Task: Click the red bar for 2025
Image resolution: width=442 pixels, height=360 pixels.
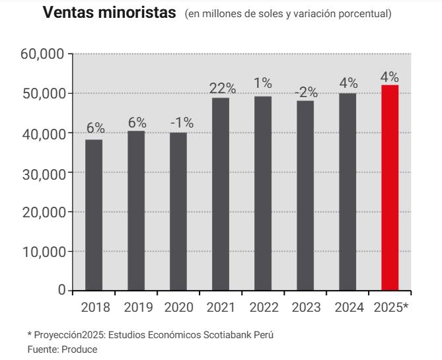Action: (390, 188)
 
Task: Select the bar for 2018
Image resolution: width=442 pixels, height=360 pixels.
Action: (94, 215)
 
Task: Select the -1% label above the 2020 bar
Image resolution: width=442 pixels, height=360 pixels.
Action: (181, 123)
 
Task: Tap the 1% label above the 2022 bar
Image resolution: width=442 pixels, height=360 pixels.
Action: (263, 83)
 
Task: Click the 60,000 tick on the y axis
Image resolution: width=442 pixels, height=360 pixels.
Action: (42, 54)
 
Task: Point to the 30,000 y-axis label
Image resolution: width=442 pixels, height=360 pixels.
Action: (42, 173)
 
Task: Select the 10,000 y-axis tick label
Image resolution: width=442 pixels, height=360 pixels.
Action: (42, 252)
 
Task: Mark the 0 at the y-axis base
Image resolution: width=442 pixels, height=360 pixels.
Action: (61, 290)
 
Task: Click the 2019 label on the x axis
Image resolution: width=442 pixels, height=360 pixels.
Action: (137, 307)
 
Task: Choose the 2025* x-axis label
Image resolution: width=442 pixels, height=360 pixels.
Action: (391, 307)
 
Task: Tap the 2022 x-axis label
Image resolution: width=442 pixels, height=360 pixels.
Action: (264, 307)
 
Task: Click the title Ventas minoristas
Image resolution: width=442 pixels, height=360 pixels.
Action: (109, 13)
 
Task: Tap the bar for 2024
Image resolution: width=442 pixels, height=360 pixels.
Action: (348, 192)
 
